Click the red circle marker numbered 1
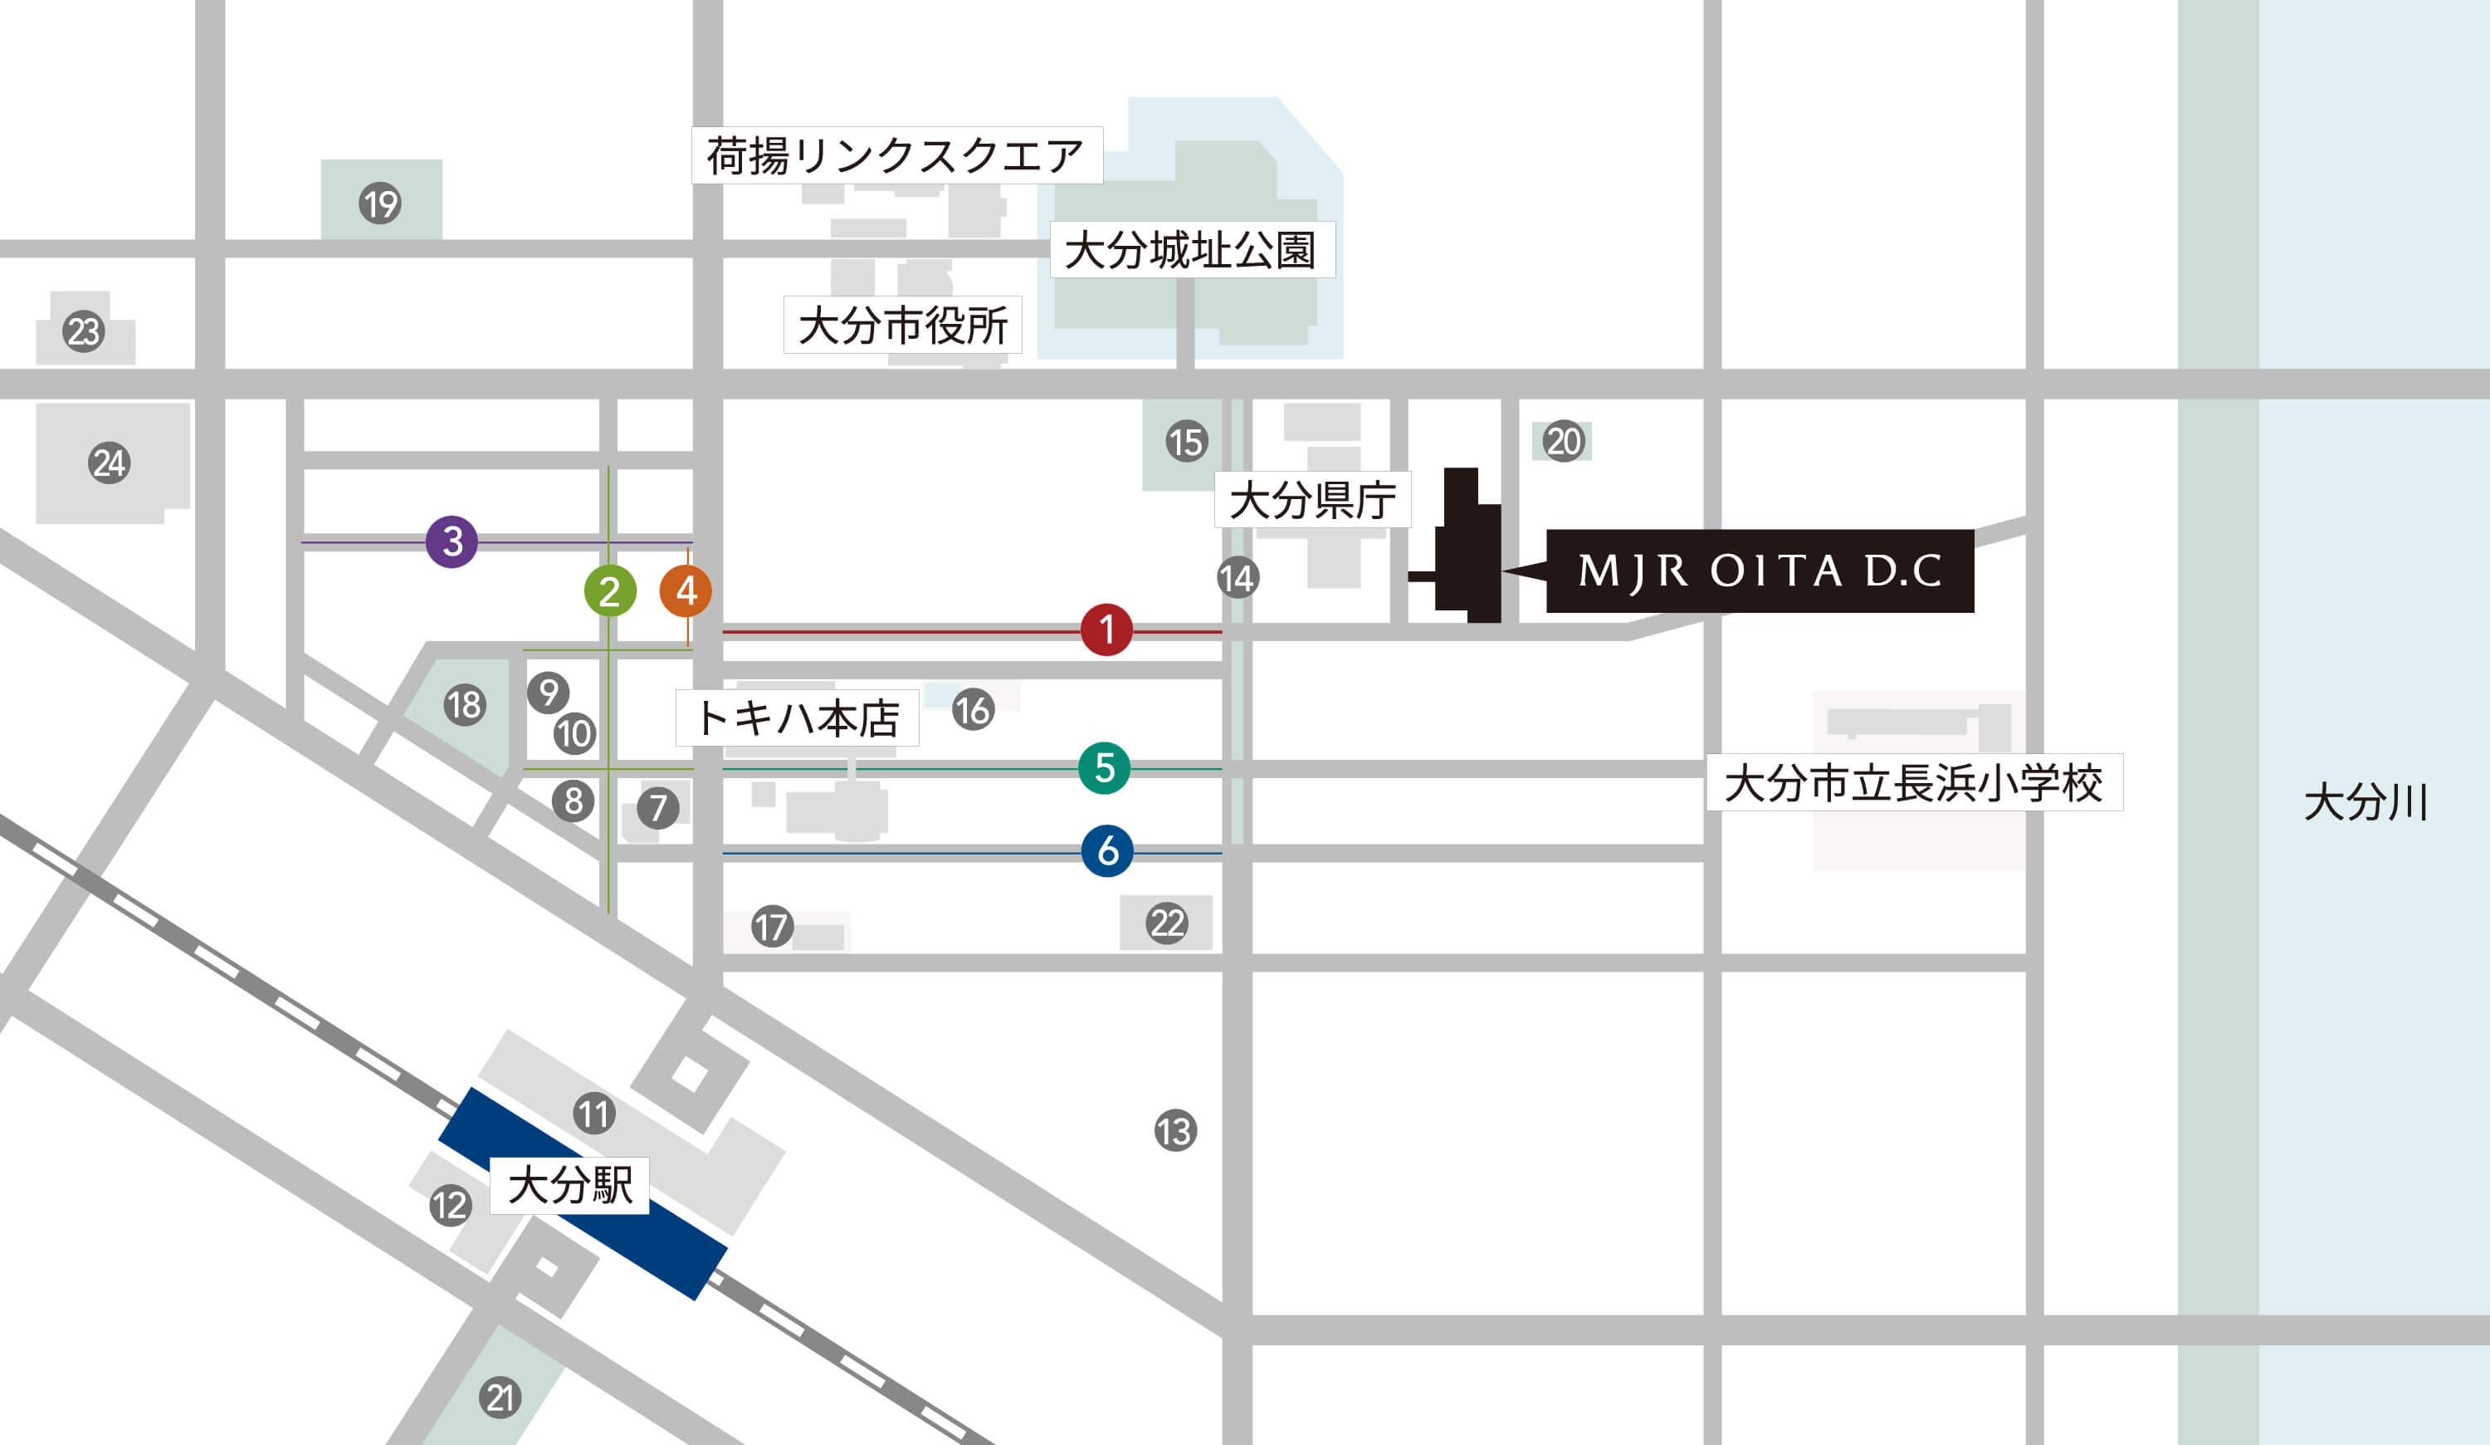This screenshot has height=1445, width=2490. pos(1106,629)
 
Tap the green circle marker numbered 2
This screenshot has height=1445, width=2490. pos(610,591)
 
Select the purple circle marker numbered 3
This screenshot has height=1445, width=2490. pos(452,541)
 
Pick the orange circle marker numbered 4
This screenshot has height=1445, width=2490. pos(686,590)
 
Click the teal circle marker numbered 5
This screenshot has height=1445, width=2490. pos(1105,767)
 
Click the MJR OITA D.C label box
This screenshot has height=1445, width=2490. pos(1759,571)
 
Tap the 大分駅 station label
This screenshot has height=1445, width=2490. pos(569,1185)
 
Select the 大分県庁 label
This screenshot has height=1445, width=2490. pos(1311,500)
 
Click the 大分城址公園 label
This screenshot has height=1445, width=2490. pos(1191,250)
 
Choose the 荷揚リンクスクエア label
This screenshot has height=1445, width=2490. pos(896,155)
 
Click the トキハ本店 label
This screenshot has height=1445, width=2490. pos(797,718)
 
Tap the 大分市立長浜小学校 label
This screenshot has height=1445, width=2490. pos(1913,783)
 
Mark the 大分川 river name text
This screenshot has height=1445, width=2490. pos(2365,801)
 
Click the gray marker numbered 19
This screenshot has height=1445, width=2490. pos(379,203)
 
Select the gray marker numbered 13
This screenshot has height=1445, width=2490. pos(1174,1131)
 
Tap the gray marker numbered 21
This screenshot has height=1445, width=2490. pos(500,1398)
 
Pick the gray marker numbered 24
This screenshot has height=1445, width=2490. pos(109,463)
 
